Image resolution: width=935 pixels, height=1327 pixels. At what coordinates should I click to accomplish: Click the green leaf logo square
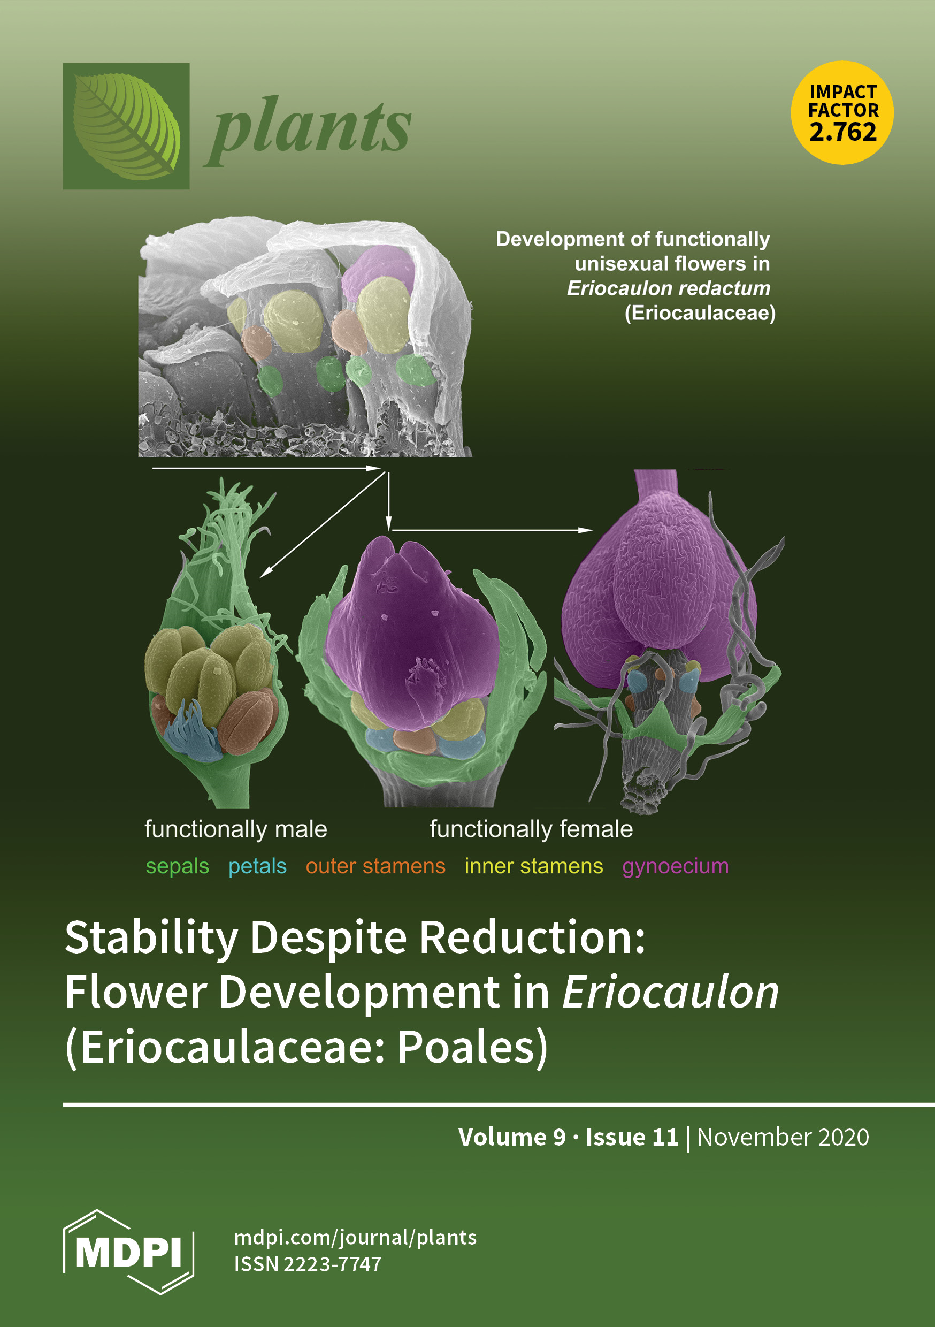click(x=126, y=126)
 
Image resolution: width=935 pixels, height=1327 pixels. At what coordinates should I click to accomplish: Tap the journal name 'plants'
click(x=308, y=130)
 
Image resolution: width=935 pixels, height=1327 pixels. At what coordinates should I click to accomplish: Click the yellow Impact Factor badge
click(x=842, y=113)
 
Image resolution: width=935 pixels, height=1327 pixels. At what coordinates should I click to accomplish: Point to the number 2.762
click(x=843, y=132)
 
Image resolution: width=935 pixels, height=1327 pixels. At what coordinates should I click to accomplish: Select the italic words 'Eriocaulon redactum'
click(x=668, y=288)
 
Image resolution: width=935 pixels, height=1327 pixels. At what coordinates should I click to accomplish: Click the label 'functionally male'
click(x=236, y=829)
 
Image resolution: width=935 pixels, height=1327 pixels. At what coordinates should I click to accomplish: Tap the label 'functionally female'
click(x=531, y=829)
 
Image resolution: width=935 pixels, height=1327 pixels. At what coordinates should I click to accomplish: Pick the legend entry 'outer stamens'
click(x=375, y=866)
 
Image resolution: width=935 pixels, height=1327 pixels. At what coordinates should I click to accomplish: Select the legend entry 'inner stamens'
click(x=534, y=866)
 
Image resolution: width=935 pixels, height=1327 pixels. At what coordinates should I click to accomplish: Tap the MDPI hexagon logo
click(x=128, y=1253)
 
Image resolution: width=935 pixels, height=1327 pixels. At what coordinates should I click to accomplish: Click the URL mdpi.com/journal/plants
click(x=355, y=1238)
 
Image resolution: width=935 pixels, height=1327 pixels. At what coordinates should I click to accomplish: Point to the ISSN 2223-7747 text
click(x=308, y=1264)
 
